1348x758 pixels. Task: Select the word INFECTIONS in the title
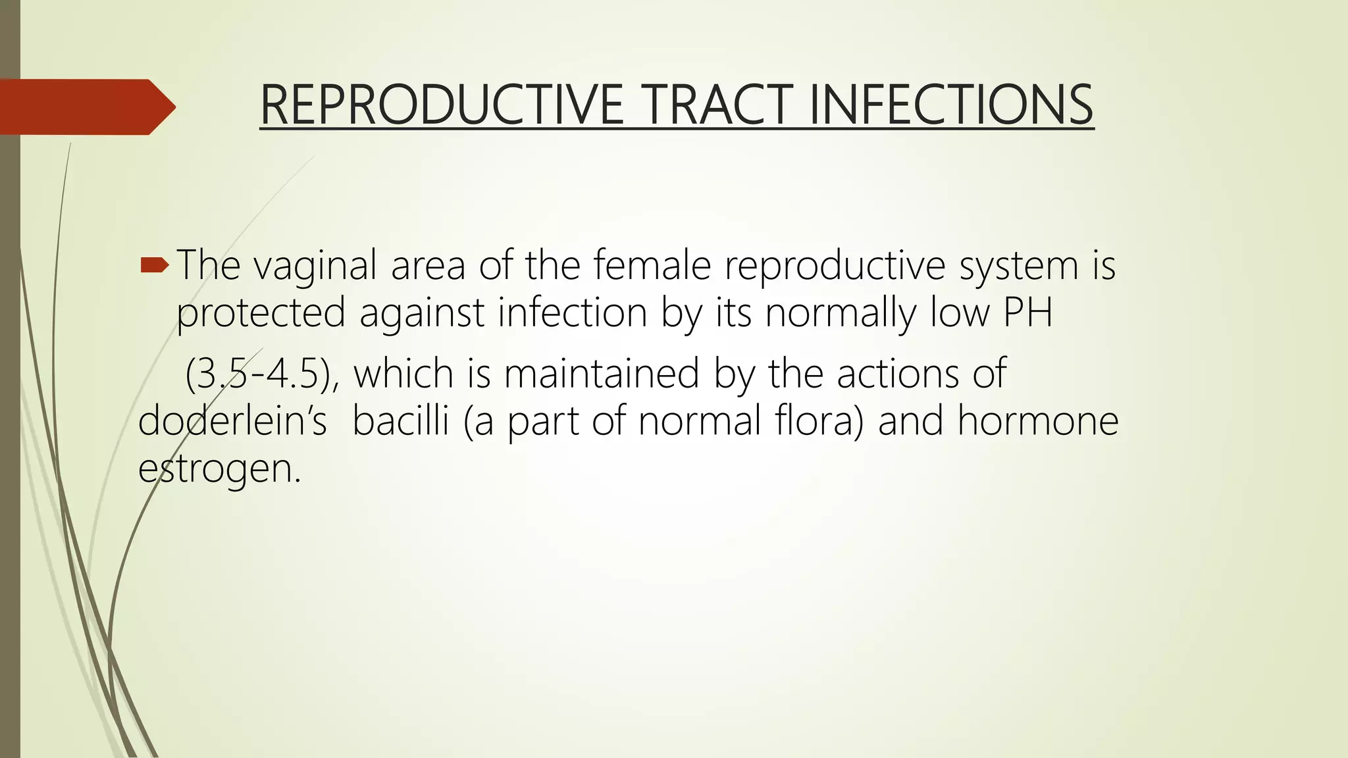coord(951,105)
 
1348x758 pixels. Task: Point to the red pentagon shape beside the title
coord(86,107)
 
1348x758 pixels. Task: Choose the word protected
coord(261,313)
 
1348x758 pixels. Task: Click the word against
coord(422,314)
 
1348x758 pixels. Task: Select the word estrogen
coord(219,469)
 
